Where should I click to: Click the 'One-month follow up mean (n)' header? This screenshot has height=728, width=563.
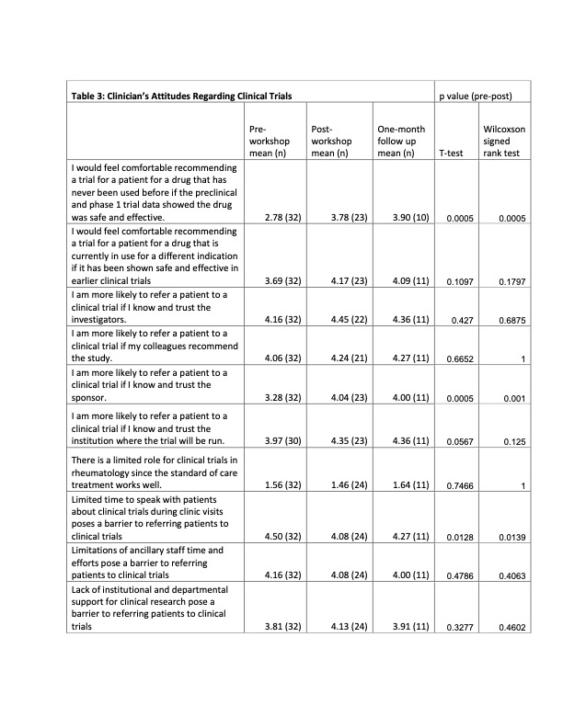401,142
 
